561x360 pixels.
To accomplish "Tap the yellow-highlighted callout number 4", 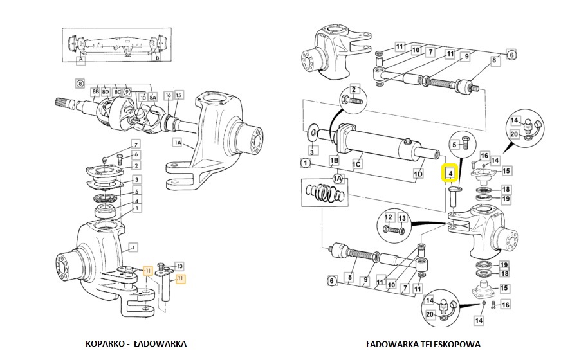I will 450,173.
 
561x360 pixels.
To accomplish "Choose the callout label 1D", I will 418,174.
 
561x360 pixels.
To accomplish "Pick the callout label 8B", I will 96,93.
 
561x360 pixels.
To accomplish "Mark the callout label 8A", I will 152,97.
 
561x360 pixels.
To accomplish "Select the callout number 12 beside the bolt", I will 389,218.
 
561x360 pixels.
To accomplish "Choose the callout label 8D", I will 106,93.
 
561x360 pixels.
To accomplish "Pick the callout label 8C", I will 117,93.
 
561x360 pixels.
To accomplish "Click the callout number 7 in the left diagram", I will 136,143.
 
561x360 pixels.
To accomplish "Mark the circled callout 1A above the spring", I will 336,178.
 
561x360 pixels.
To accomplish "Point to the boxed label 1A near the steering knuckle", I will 176,143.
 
